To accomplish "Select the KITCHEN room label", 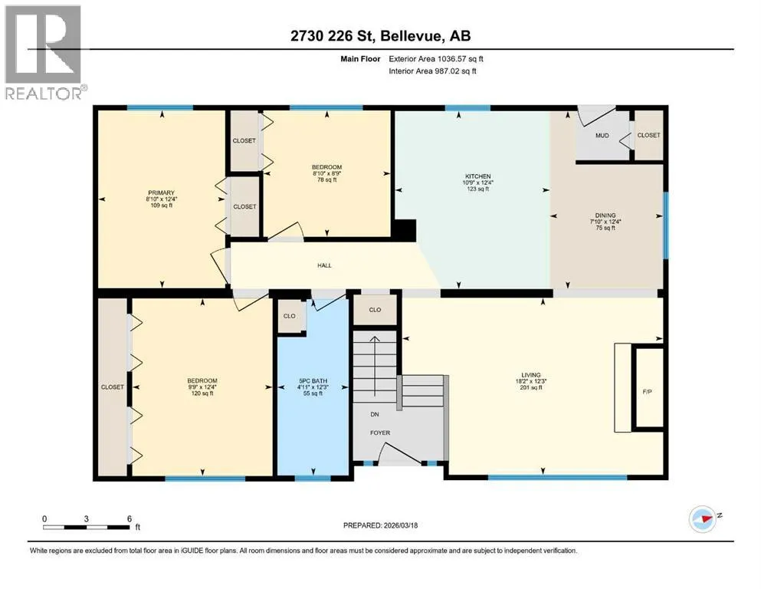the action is pyautogui.click(x=478, y=176).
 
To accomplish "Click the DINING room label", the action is pyautogui.click(x=605, y=215).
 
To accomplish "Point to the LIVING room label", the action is pyautogui.click(x=531, y=375).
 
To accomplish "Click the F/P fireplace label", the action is pyautogui.click(x=647, y=391).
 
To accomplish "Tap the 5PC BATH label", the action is pyautogui.click(x=313, y=381).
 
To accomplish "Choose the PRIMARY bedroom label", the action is pyautogui.click(x=161, y=192).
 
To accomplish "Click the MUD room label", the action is pyautogui.click(x=602, y=136).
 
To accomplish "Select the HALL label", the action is pyautogui.click(x=324, y=265).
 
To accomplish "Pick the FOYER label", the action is pyautogui.click(x=380, y=433).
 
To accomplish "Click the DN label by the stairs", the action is pyautogui.click(x=375, y=414).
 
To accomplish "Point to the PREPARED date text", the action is pyautogui.click(x=380, y=525).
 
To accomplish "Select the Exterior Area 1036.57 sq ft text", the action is pyautogui.click(x=436, y=59).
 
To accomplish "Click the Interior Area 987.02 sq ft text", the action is pyautogui.click(x=432, y=71).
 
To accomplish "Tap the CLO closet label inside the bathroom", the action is pyautogui.click(x=289, y=316).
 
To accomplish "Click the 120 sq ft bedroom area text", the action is pyautogui.click(x=202, y=393).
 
